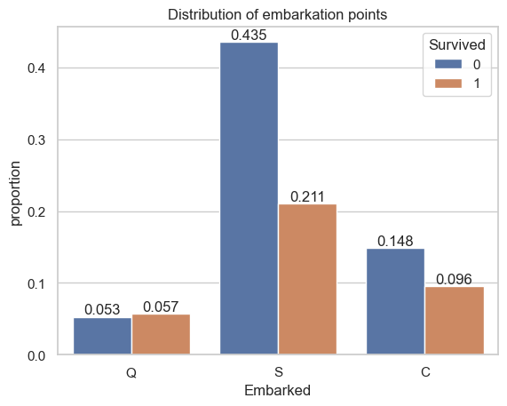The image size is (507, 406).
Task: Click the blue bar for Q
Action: coord(102,336)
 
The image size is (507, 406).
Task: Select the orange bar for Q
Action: coord(162,334)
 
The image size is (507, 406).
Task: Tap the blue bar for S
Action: coord(249,198)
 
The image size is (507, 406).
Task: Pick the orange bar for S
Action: coord(308,279)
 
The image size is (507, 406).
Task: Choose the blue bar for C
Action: coord(395,301)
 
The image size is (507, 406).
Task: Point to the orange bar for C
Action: coord(455,321)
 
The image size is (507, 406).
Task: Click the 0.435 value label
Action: coord(249,35)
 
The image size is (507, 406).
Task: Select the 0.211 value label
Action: coord(307,196)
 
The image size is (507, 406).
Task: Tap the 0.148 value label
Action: coord(395,241)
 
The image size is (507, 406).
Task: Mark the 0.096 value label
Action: coord(454,279)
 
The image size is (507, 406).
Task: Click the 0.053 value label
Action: coord(102,309)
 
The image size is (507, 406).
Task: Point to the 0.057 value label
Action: coord(161,306)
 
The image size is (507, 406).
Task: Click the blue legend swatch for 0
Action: coord(448,64)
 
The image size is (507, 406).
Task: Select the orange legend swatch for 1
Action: coord(448,84)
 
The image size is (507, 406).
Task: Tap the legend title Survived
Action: coord(457,44)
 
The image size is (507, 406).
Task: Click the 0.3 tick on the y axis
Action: coord(36,140)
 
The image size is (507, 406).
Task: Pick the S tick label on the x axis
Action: coord(279,372)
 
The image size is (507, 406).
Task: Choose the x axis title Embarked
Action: coord(277,391)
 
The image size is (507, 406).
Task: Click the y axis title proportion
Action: coord(15,194)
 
